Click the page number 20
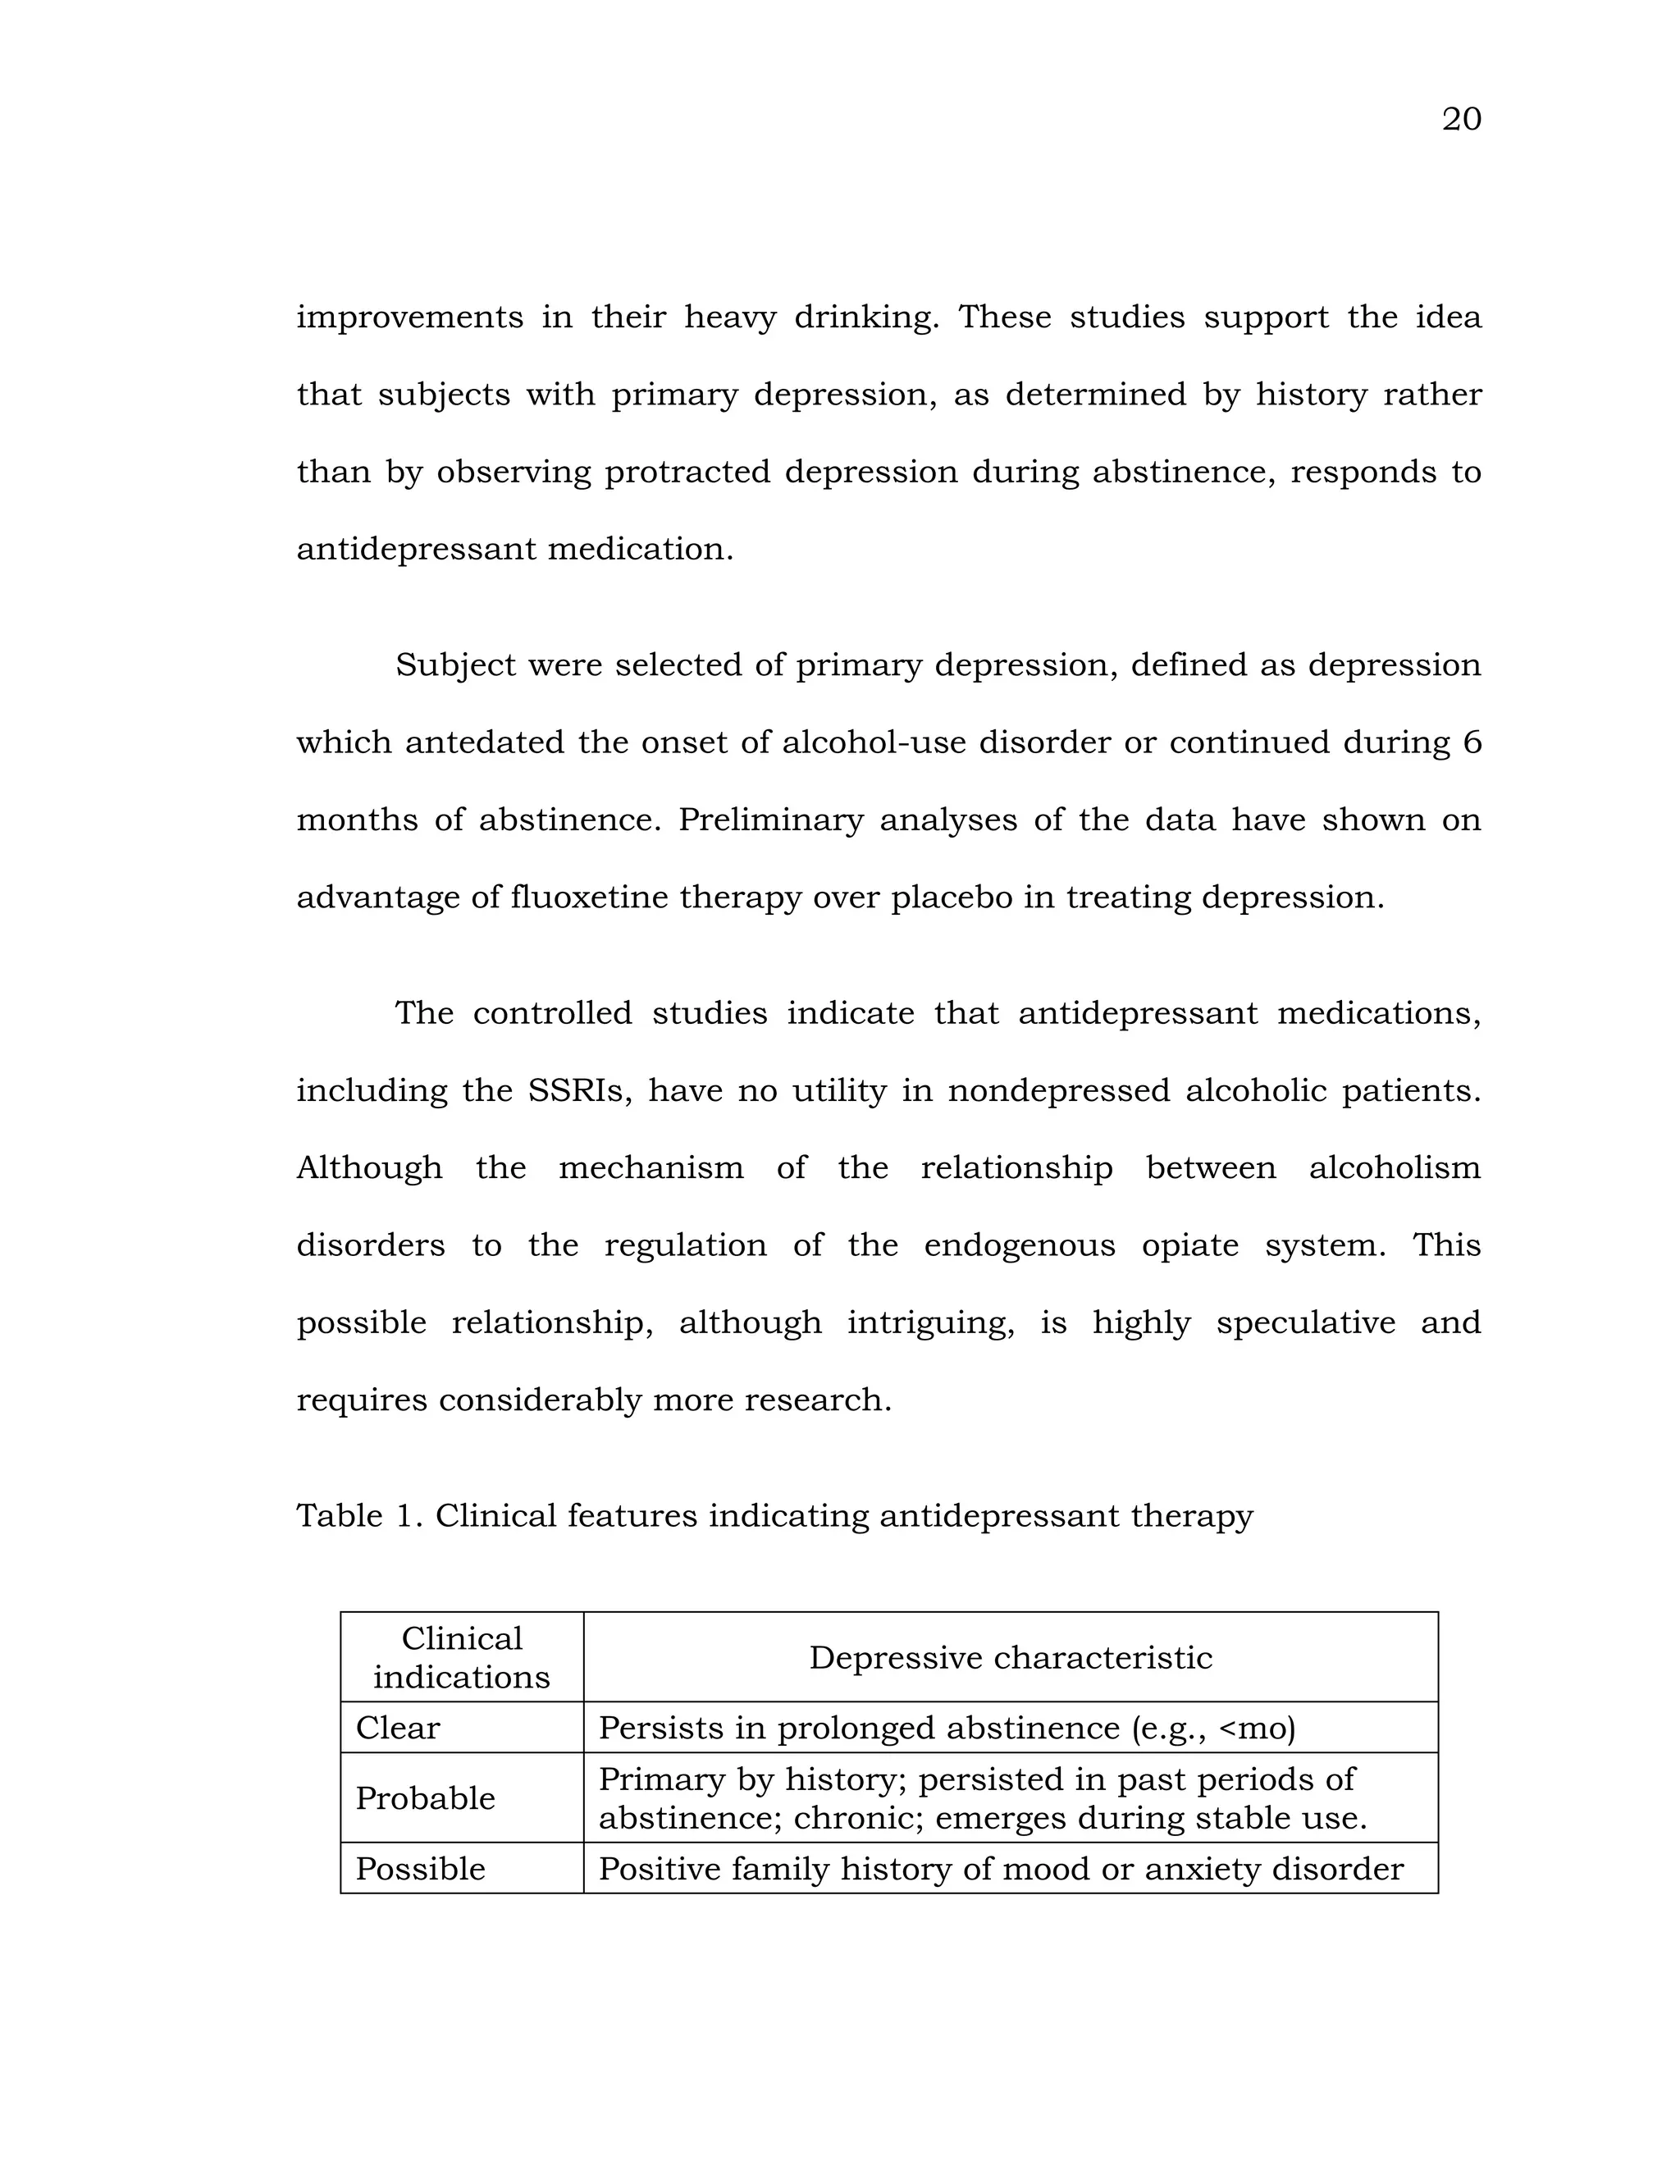(1460, 120)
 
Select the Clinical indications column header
(462, 1657)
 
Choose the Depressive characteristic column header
(1010, 1657)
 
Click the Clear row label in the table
(397, 1728)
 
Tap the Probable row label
(425, 1799)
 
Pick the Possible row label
(420, 1870)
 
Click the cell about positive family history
(1000, 1870)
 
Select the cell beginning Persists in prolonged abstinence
(947, 1728)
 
